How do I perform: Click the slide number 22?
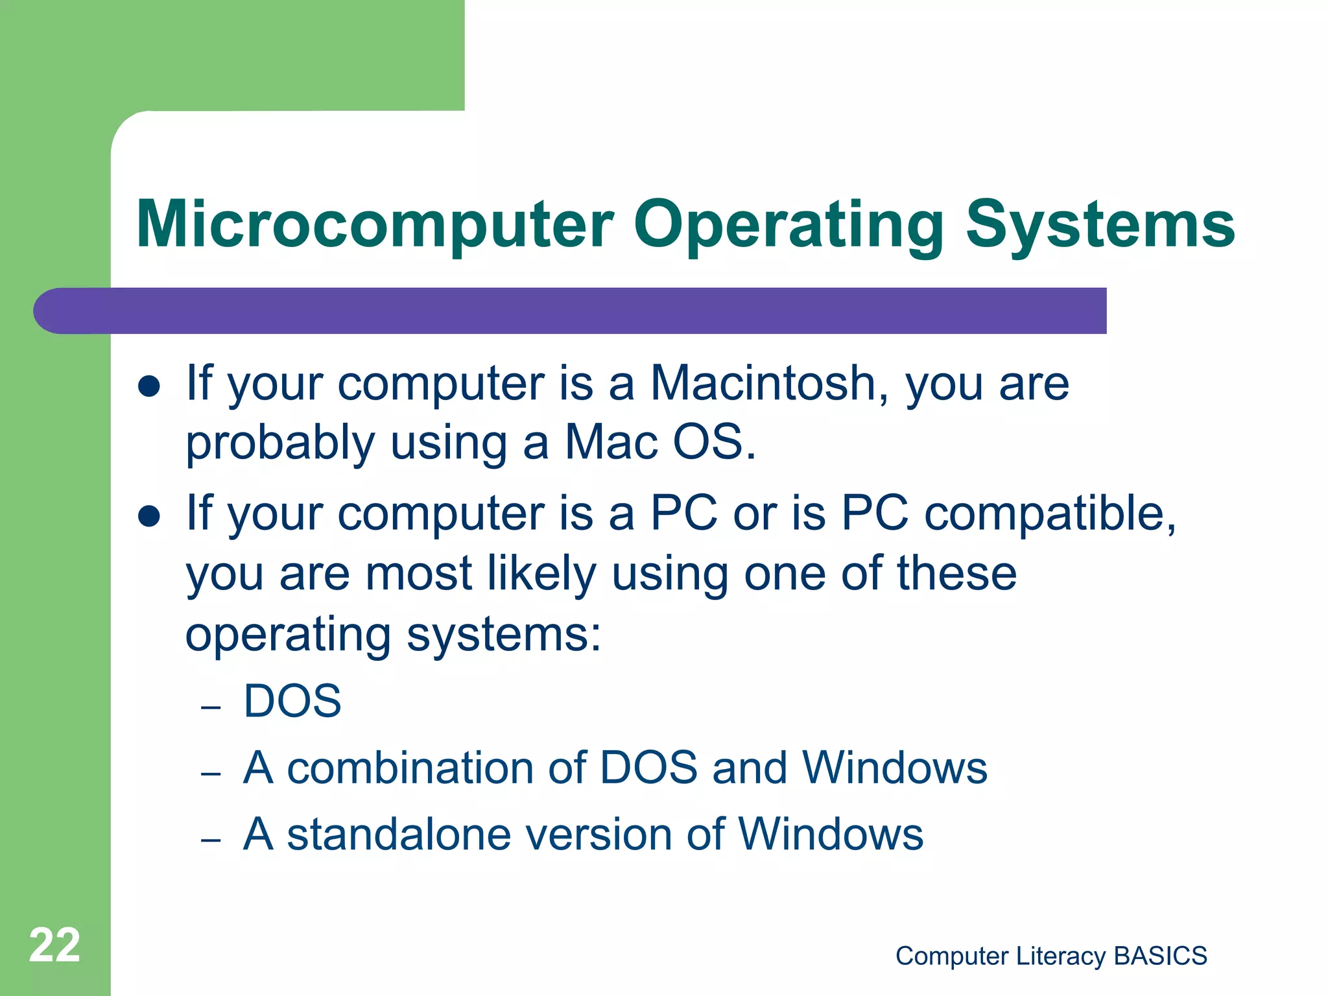click(x=54, y=945)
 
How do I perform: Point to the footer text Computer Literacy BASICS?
click(x=1051, y=956)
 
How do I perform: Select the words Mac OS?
click(x=659, y=442)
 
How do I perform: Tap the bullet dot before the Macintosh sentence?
click(x=149, y=386)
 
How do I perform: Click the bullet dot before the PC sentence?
click(x=149, y=517)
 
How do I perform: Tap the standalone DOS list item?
click(x=292, y=701)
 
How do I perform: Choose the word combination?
click(x=410, y=768)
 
